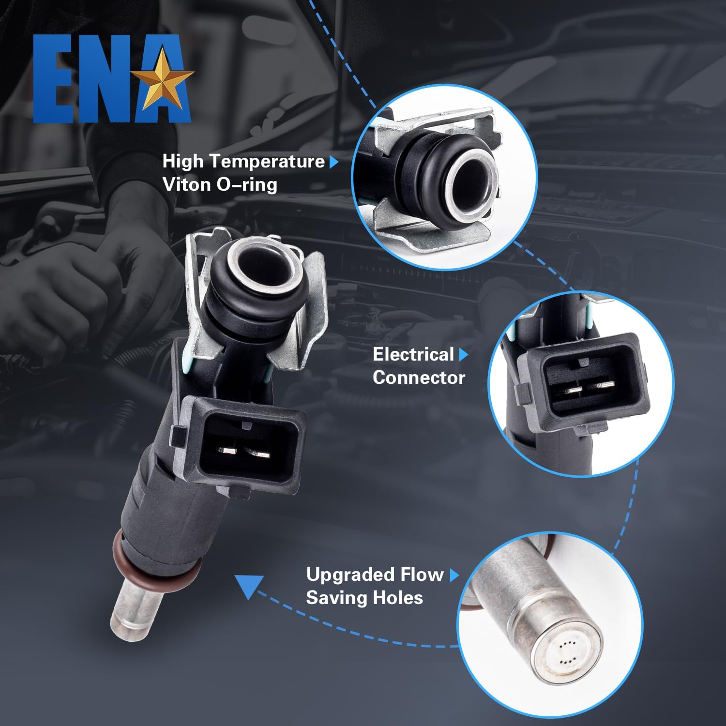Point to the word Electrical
(x=413, y=354)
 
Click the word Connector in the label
(x=419, y=378)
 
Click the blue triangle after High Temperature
(x=333, y=162)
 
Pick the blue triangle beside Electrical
(x=463, y=355)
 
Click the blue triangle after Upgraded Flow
(x=454, y=575)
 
